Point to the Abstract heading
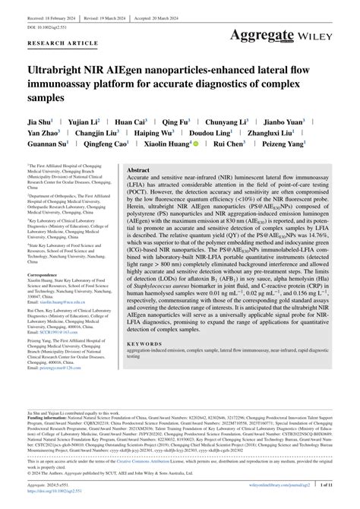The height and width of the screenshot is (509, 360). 137,171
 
